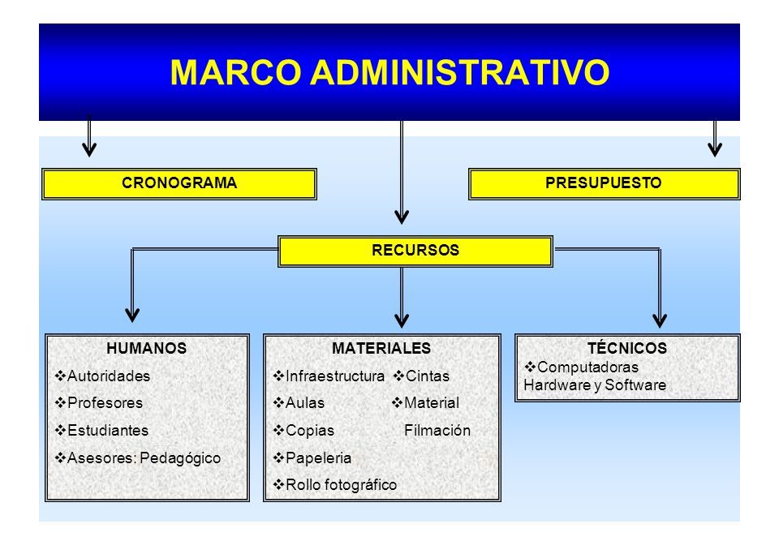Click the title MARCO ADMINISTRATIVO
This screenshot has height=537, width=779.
[x=389, y=72]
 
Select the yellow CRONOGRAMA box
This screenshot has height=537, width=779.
[x=179, y=184]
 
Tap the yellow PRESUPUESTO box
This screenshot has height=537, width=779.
[x=604, y=184]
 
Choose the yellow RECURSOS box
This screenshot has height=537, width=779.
[x=415, y=251]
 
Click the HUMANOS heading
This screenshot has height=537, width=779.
[x=147, y=348]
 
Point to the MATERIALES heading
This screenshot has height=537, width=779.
[x=381, y=348]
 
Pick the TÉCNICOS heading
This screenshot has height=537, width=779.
[x=627, y=347]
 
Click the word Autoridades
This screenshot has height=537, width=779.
[x=109, y=376]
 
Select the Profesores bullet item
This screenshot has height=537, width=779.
[x=99, y=403]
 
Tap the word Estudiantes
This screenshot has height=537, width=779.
[x=108, y=430]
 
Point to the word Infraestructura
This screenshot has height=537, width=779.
[x=335, y=376]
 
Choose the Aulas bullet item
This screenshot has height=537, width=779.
[x=299, y=403]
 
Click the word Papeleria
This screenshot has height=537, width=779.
[x=318, y=458]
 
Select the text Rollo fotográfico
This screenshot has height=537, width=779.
[x=342, y=485]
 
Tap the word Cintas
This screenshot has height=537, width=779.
[x=428, y=376]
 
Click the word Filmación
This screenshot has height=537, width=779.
[x=437, y=430]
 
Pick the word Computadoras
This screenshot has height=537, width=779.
[x=587, y=367]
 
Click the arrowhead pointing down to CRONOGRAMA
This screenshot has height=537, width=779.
[x=89, y=149]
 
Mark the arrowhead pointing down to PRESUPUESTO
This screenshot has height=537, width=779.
[x=715, y=149]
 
